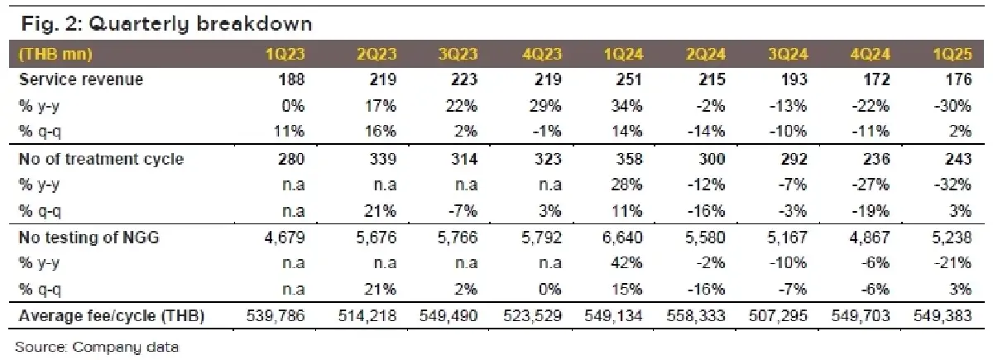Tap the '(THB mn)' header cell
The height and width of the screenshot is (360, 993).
pos(56,55)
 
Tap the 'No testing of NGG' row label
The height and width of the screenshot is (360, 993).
pos(90,238)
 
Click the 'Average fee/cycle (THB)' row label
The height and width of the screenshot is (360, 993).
pos(110,316)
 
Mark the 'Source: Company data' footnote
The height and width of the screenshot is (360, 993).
pos(97,346)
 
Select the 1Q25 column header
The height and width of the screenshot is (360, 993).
pos(954,55)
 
